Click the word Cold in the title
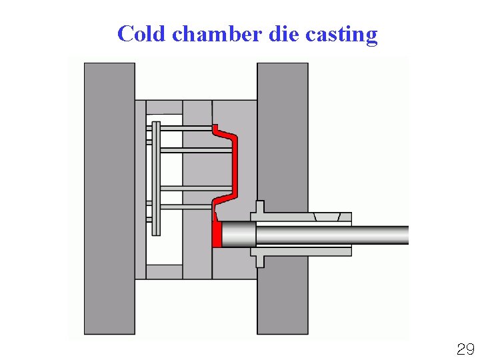coord(140,33)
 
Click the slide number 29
coord(465,349)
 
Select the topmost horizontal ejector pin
coord(187,127)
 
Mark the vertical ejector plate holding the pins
coord(156,179)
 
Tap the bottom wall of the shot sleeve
coord(307,251)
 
